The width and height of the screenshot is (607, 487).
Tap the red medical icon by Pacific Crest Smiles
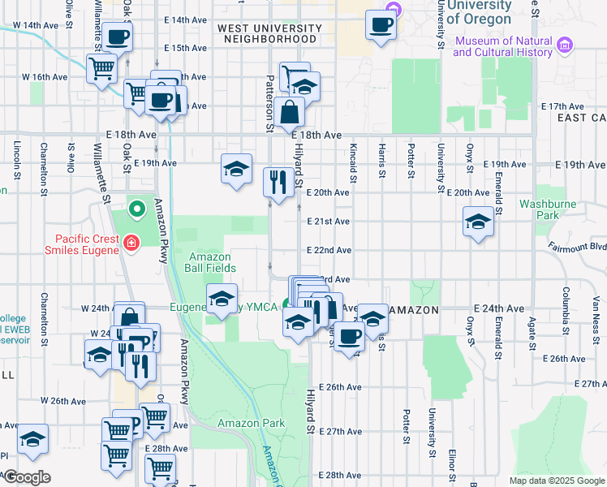click(131, 241)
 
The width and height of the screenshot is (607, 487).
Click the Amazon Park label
click(252, 423)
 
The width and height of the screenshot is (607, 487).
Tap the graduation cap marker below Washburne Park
click(478, 222)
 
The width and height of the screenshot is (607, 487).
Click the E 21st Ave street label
click(329, 222)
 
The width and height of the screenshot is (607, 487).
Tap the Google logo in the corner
click(26, 477)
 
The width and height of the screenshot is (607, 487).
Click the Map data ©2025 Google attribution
click(556, 481)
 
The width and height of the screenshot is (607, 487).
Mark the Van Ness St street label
click(594, 311)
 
